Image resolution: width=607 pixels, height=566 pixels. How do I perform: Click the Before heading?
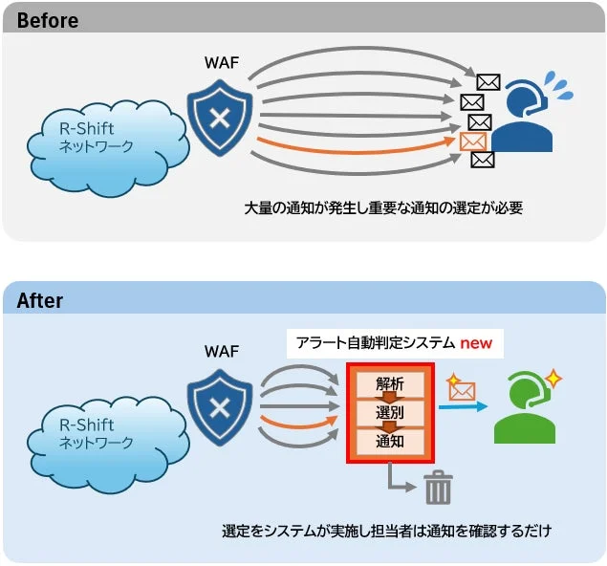[48, 19]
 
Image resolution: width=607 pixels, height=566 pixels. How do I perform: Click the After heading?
[40, 300]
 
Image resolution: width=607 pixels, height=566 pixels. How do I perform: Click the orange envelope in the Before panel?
[472, 141]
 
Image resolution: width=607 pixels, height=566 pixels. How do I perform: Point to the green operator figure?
[524, 411]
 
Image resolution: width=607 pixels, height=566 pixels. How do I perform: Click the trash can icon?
[438, 489]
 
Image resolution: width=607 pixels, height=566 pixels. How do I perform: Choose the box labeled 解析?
[390, 383]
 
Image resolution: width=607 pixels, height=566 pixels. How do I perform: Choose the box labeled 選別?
[390, 412]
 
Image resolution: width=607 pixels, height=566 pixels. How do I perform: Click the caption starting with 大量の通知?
[382, 207]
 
